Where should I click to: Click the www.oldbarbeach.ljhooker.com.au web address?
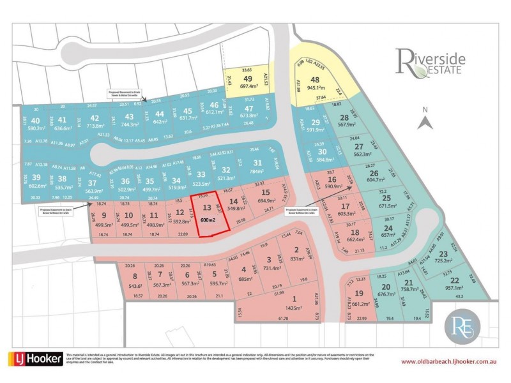(448, 362)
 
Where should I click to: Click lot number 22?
(454, 280)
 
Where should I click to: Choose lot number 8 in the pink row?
(135, 276)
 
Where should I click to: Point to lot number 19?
(359, 294)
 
